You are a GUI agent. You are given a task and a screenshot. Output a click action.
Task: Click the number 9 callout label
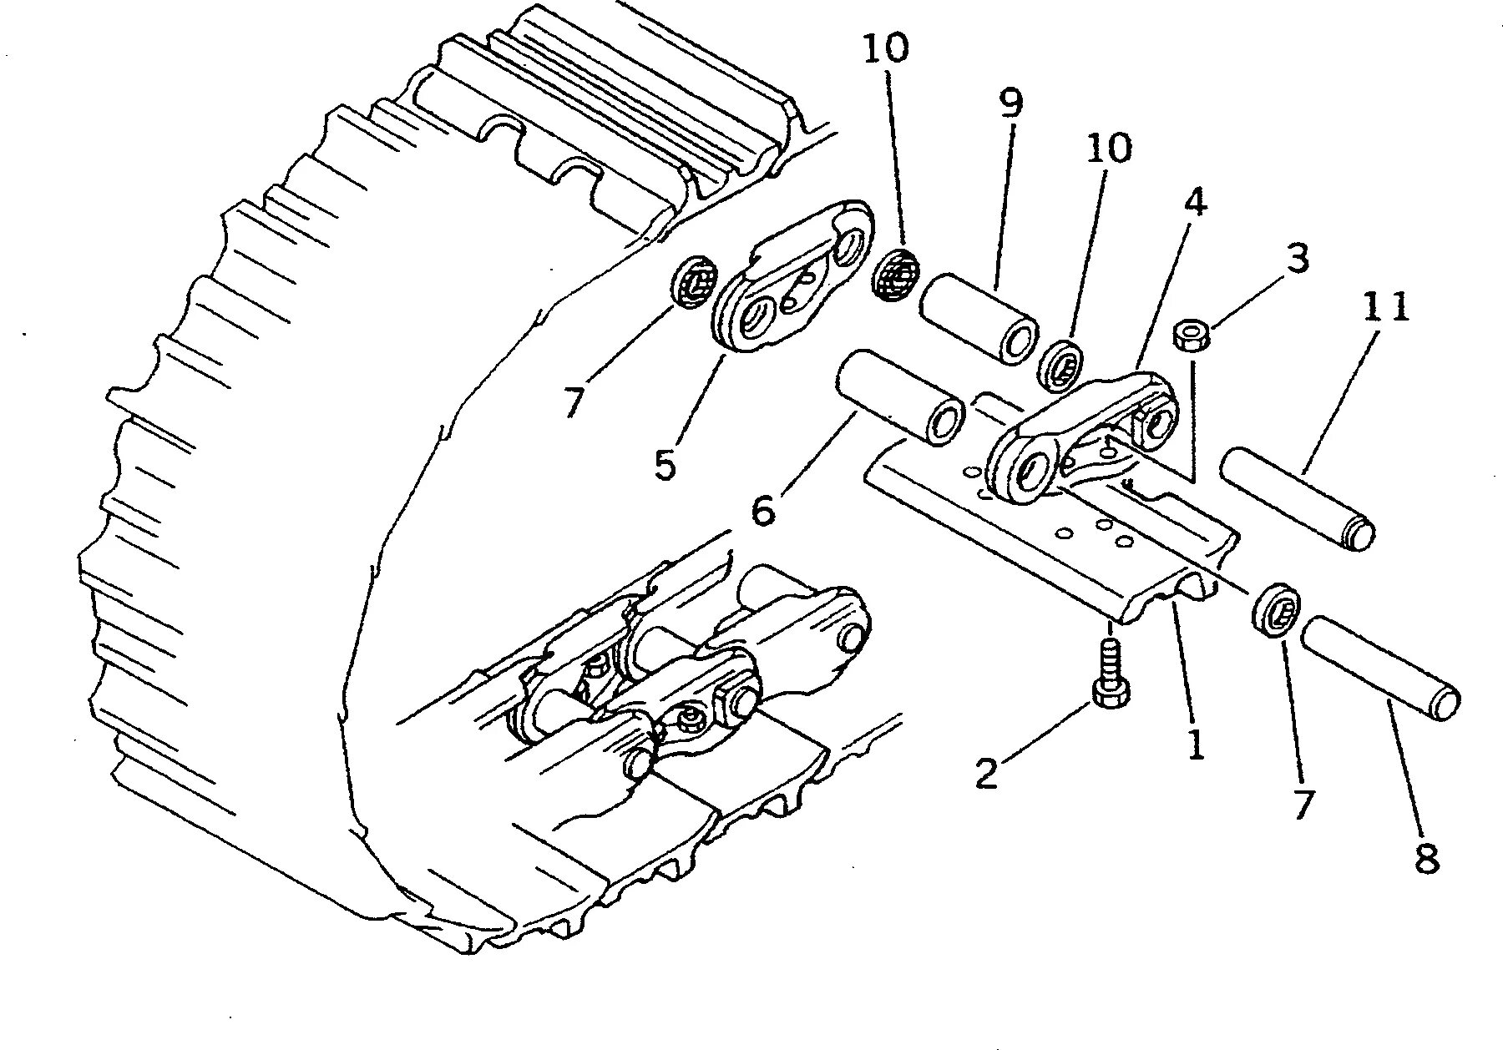[x=1009, y=103]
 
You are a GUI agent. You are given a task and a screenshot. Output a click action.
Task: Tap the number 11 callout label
[x=1387, y=307]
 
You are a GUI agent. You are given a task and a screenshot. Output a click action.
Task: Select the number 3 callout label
[x=1296, y=259]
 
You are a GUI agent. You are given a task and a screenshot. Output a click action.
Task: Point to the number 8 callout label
[x=1426, y=858]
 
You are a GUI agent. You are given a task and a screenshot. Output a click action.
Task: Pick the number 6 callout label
[x=763, y=509]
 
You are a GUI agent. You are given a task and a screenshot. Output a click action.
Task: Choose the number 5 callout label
[x=665, y=464]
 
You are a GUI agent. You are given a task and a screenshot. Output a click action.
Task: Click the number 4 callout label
[x=1196, y=203]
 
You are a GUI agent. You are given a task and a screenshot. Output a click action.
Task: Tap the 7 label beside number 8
[x=1304, y=805]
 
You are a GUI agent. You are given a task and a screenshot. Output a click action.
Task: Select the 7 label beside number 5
[x=573, y=402]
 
